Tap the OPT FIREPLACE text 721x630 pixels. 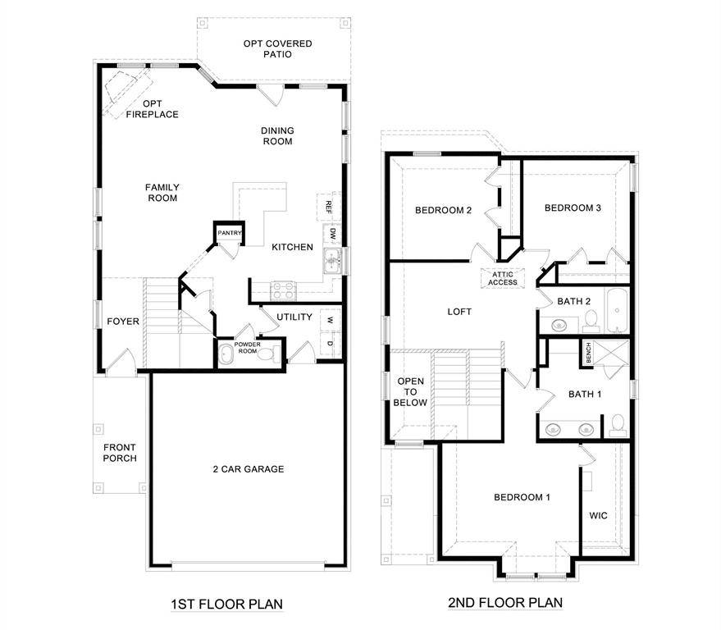coord(152,109)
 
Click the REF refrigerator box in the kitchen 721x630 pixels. coord(328,205)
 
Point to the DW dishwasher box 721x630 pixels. coord(332,234)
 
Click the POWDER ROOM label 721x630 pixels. coord(248,347)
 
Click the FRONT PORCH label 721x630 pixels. coord(120,453)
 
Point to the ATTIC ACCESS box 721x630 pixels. coord(504,278)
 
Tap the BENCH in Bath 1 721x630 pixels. coord(588,354)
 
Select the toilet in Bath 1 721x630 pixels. coord(617,424)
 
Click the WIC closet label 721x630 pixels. coord(598,516)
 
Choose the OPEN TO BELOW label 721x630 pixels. coord(411,392)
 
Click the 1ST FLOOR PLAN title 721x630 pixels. coord(226,605)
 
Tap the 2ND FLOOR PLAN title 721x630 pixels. coord(505,603)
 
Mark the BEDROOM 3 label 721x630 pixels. coord(573,208)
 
